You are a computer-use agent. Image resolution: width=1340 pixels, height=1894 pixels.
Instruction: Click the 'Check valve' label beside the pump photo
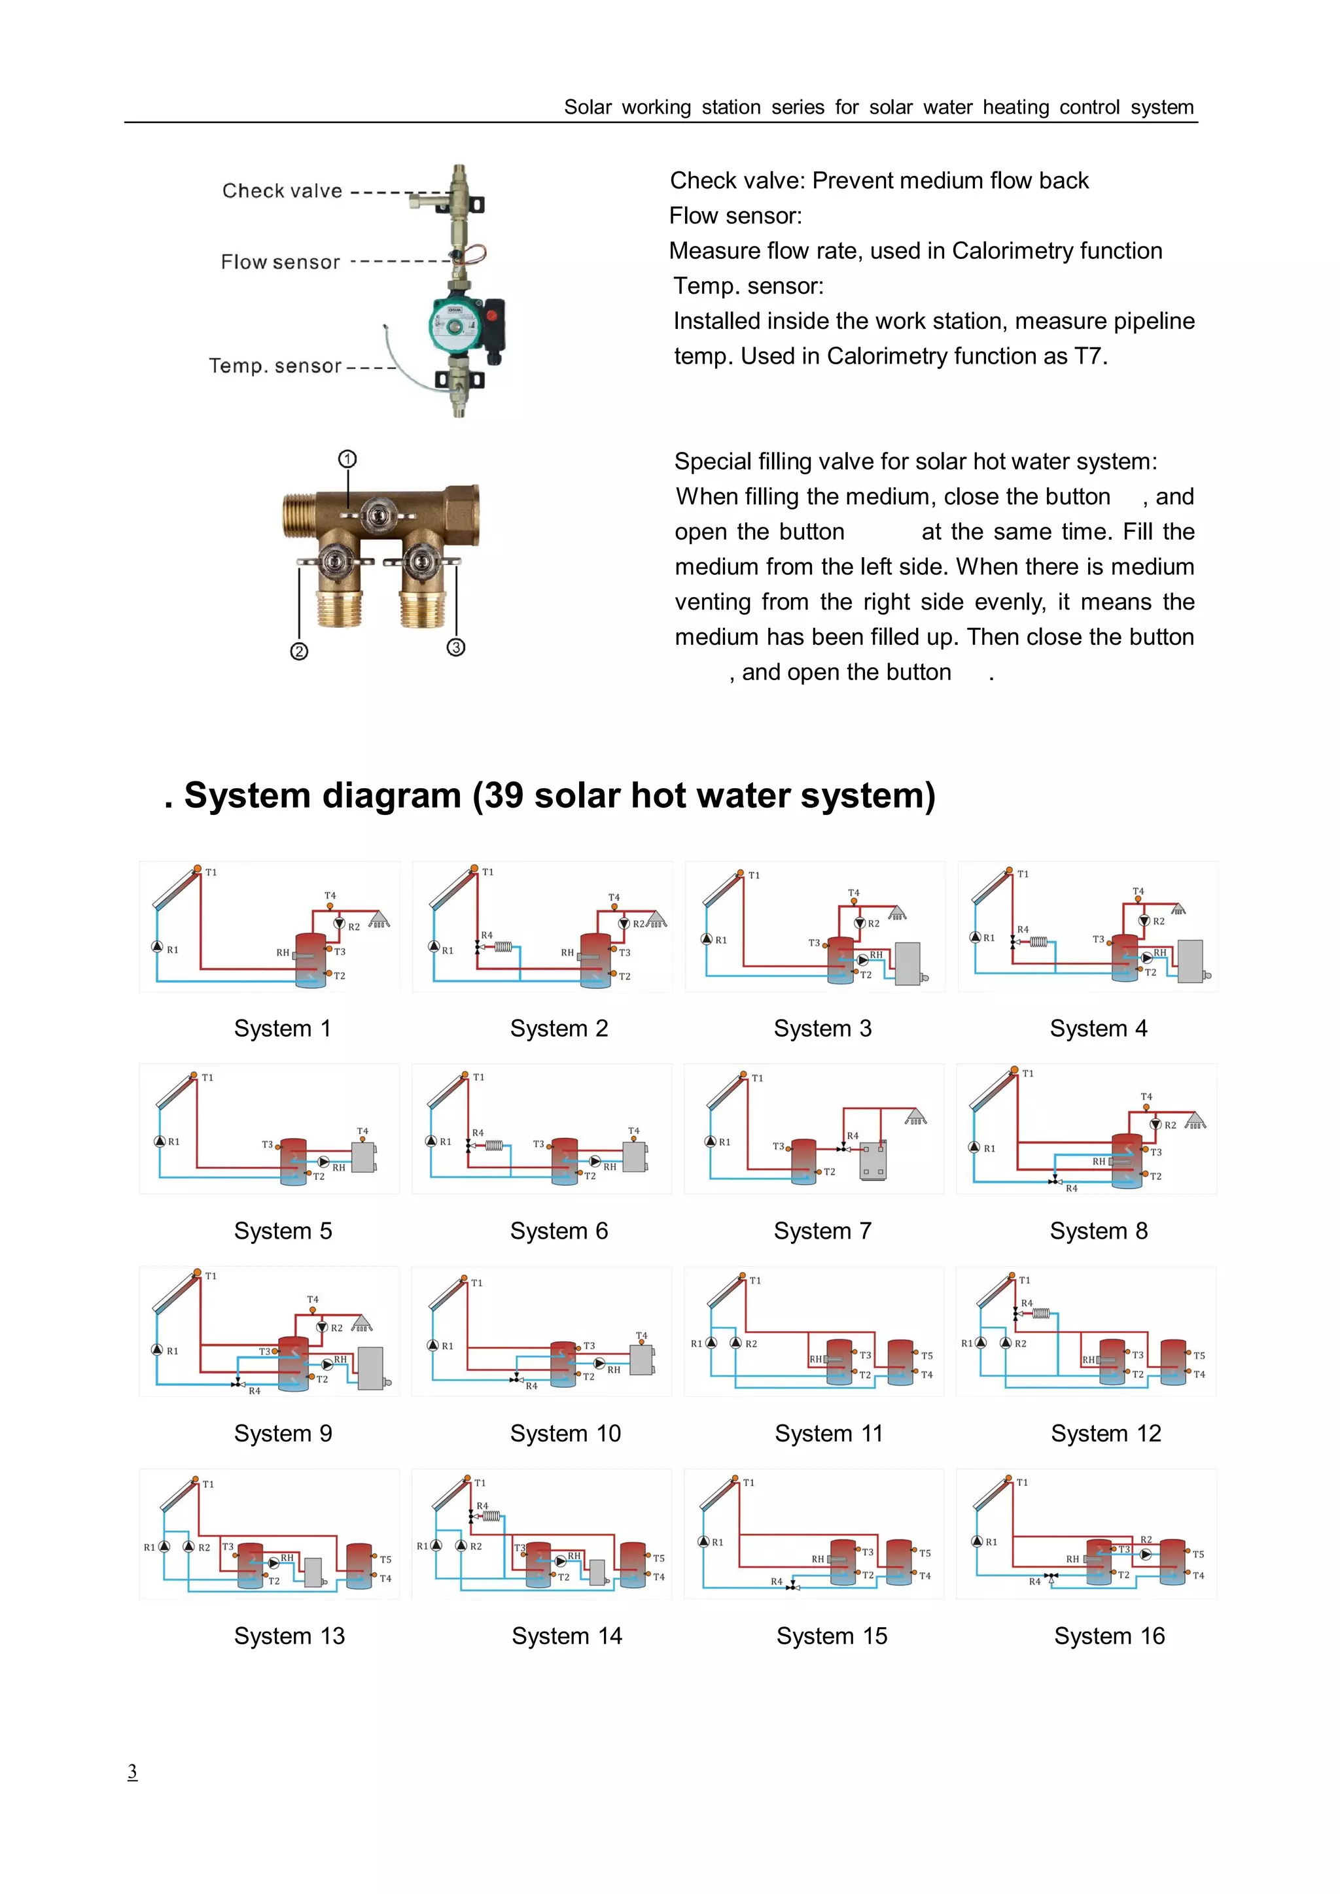point(282,192)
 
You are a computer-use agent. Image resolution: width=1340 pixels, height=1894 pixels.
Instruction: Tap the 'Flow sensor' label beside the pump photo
point(280,262)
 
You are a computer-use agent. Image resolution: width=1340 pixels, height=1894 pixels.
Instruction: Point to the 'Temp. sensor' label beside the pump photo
point(275,366)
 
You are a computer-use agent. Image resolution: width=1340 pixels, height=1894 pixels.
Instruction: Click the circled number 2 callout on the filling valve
point(299,651)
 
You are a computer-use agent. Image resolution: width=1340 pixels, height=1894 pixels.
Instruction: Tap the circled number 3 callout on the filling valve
point(455,647)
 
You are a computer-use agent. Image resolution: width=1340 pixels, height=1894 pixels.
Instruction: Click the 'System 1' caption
point(282,1029)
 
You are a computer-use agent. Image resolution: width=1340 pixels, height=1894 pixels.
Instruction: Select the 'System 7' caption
point(822,1231)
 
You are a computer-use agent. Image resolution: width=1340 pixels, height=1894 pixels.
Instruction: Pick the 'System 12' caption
point(1106,1434)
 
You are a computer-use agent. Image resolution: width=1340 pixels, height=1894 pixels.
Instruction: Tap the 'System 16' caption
point(1109,1636)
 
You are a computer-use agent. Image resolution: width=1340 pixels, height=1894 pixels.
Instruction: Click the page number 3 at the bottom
point(132,1771)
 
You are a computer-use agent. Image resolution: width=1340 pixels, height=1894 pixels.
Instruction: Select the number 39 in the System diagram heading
point(503,796)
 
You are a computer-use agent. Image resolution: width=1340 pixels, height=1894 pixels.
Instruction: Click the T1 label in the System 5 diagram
point(207,1077)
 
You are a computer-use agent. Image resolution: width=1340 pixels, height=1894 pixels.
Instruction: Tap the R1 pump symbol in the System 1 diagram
point(157,946)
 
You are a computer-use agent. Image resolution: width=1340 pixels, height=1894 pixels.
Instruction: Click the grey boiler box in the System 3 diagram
point(908,963)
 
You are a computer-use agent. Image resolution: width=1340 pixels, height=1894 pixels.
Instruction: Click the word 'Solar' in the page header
point(588,108)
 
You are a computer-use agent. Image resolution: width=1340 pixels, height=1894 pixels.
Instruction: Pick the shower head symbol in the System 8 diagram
point(1195,1121)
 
